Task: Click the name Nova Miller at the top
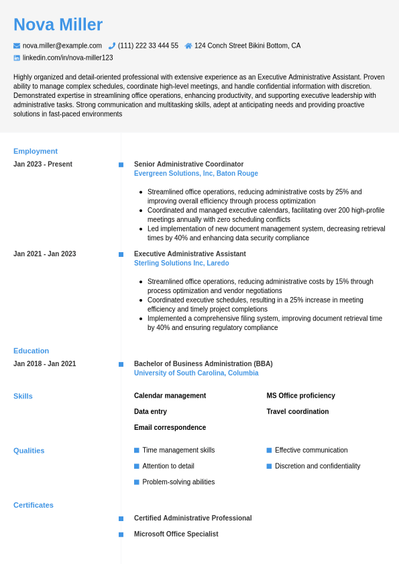tap(58, 25)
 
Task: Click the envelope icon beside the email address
tap(17, 46)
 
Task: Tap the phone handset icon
tap(112, 46)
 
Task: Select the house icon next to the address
tap(188, 46)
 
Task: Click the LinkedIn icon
tap(17, 58)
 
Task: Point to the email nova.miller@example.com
tap(62, 46)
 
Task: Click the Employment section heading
tap(36, 151)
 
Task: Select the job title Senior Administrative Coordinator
tap(188, 164)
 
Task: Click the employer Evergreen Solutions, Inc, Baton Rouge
tap(196, 174)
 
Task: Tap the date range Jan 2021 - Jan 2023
tap(44, 254)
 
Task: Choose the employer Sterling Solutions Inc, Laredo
tap(181, 264)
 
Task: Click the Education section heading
tap(31, 351)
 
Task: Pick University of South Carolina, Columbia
tap(196, 374)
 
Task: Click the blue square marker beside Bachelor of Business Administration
tap(121, 364)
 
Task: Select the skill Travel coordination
tap(297, 412)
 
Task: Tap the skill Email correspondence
tap(170, 428)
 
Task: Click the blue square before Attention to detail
tap(137, 466)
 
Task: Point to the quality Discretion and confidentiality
tap(317, 466)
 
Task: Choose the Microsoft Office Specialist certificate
tap(176, 534)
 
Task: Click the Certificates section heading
tap(34, 505)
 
